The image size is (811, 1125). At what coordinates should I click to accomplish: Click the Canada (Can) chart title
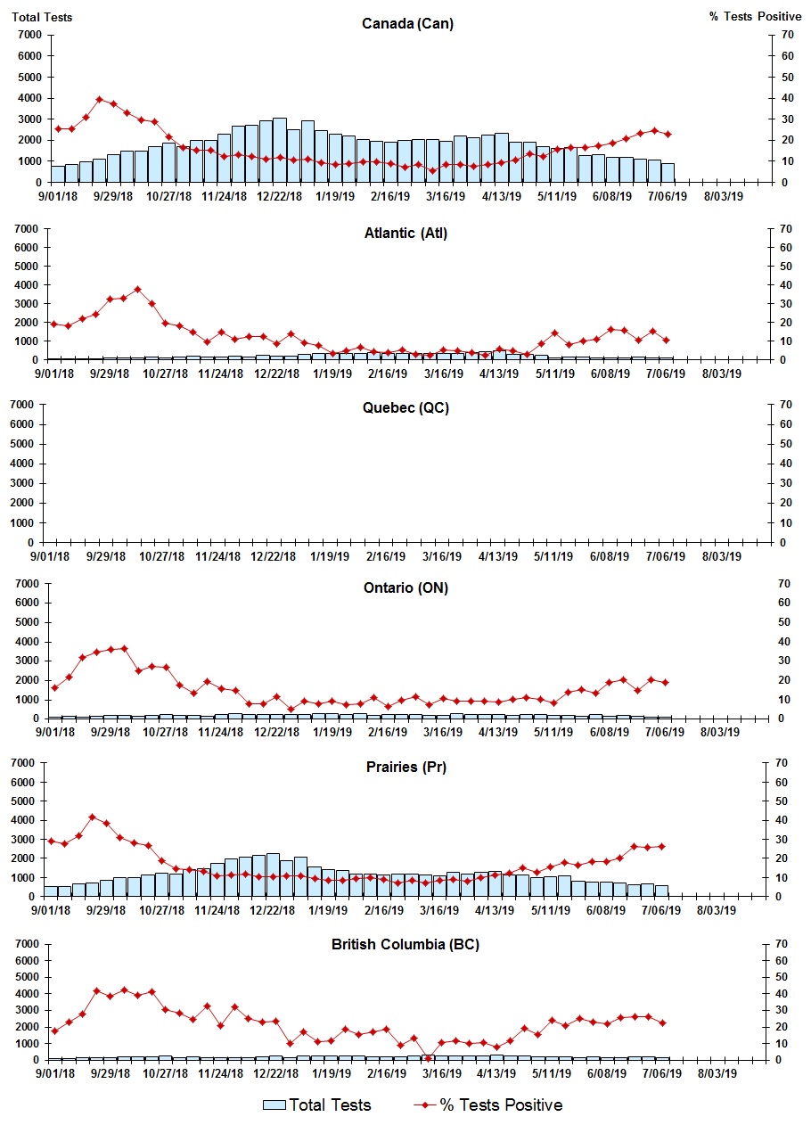coord(407,23)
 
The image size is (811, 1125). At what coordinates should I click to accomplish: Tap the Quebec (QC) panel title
coord(405,407)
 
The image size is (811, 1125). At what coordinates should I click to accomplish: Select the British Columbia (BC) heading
coord(405,944)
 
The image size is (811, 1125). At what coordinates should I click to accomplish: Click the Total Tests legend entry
coord(317,1105)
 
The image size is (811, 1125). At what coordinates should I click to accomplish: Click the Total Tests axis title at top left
coord(42,17)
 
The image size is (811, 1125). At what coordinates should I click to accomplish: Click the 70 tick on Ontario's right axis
coord(784,583)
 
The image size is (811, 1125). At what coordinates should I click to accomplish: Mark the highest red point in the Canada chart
coord(100,99)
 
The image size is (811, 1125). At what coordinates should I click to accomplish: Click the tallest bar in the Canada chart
coord(280,150)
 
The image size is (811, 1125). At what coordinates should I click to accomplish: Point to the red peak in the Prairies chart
coord(93,817)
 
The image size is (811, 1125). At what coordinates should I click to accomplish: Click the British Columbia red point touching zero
coord(428,1058)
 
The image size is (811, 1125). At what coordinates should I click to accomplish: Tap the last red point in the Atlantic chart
coord(667,340)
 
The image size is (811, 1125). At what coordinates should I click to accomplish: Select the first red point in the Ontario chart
coord(55,687)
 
